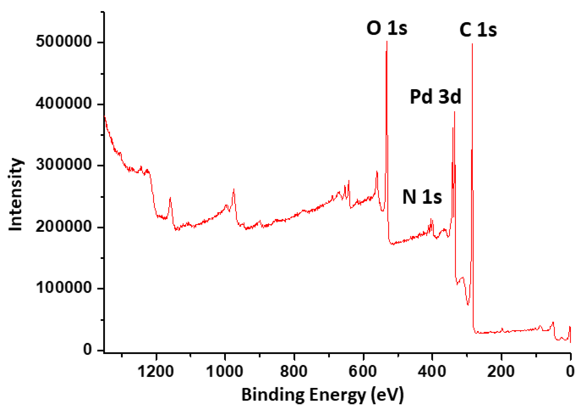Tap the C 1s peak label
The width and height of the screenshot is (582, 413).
tap(478, 30)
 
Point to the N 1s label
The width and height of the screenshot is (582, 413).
tap(422, 197)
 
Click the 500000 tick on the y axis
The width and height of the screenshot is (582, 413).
tap(64, 41)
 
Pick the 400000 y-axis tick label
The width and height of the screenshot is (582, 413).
tap(64, 103)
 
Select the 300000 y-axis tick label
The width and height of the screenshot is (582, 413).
tap(64, 164)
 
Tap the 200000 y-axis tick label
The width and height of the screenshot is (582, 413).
tap(64, 226)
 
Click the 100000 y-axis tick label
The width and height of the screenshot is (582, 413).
tap(64, 287)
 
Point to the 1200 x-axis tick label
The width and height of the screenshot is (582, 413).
tap(156, 372)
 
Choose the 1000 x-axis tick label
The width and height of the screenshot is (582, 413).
tap(225, 372)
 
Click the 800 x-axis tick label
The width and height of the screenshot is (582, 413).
tap(294, 372)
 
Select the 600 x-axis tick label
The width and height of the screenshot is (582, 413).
tap(363, 372)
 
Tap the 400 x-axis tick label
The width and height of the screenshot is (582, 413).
tap(432, 372)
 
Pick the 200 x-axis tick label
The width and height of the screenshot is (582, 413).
tap(501, 372)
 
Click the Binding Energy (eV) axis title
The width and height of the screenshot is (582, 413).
tap(322, 395)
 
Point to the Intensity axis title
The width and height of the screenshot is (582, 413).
tap(15, 195)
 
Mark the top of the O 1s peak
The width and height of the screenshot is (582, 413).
tap(387, 41)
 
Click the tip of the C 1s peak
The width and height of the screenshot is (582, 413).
tap(472, 44)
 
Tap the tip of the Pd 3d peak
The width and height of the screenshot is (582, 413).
tap(454, 112)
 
